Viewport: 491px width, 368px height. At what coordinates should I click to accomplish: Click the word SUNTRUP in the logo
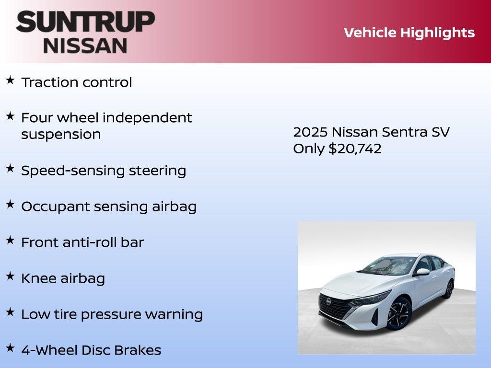coord(85,22)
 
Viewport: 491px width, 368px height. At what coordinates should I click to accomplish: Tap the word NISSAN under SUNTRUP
coord(85,46)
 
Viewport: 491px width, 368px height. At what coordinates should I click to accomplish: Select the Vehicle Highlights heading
coord(409,33)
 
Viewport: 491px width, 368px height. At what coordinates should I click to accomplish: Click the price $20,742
coord(355,149)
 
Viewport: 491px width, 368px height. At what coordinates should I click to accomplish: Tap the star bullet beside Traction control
coord(10,80)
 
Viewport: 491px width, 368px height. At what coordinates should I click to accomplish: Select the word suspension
coord(61,135)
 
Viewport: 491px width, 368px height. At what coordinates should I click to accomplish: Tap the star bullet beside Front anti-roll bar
coord(10,240)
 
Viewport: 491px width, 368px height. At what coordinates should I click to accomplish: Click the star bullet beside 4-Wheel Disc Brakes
coord(10,348)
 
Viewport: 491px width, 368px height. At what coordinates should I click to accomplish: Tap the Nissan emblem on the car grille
coord(329,301)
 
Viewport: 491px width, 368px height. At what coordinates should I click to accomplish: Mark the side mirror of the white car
coord(422,272)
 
